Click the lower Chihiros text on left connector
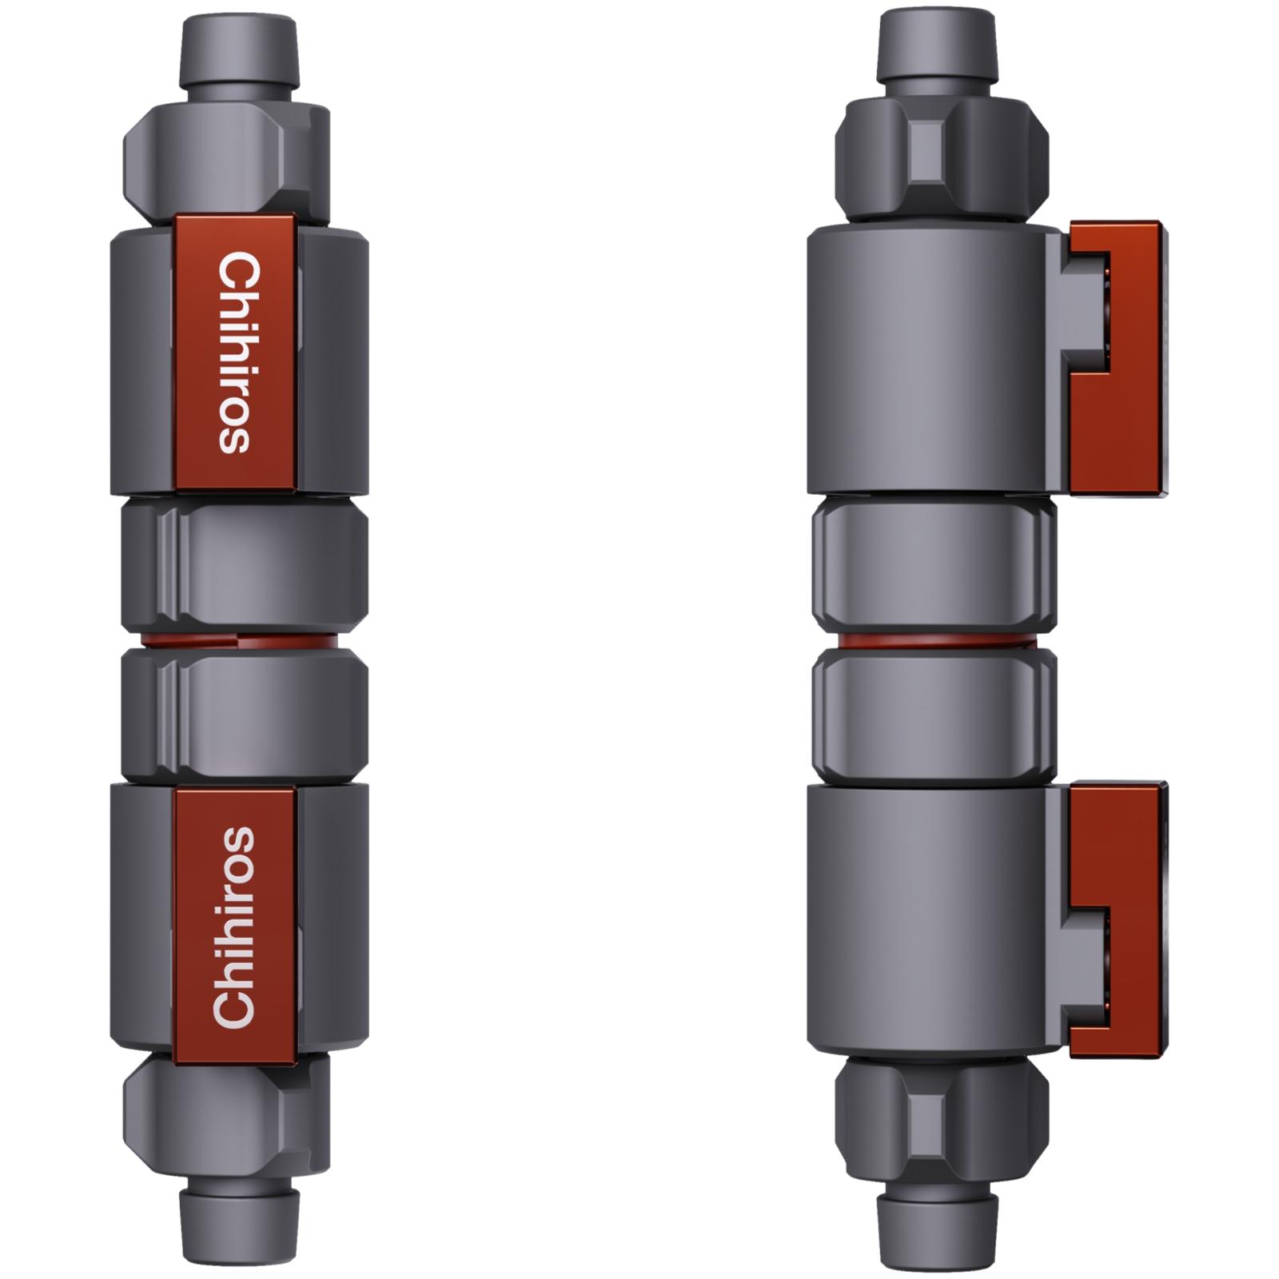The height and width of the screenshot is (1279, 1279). click(x=234, y=926)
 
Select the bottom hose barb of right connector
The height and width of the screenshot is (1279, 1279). click(x=938, y=1231)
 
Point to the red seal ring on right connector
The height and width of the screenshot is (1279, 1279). click(x=934, y=641)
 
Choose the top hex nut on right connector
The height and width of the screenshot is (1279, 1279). click(x=941, y=160)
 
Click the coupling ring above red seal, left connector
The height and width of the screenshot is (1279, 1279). click(x=244, y=564)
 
